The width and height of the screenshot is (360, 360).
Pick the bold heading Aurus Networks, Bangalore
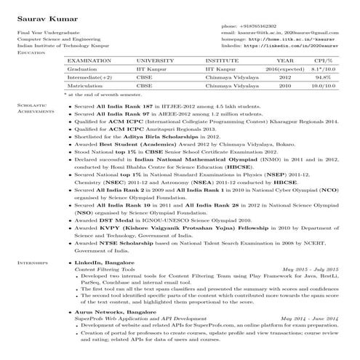point(110,311)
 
